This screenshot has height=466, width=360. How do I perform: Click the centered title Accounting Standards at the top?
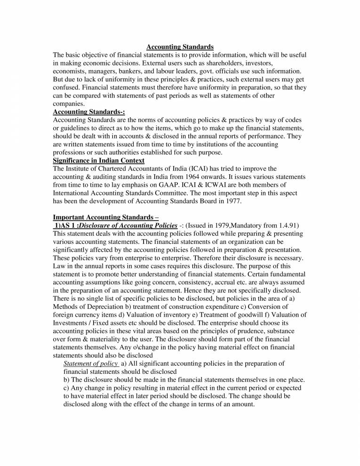180,47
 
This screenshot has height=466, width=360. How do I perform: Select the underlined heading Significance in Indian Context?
99,161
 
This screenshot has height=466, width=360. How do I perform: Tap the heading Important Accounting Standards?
106,217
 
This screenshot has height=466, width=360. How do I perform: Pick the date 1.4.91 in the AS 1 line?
288,225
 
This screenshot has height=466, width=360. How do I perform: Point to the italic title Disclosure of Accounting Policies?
128,225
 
